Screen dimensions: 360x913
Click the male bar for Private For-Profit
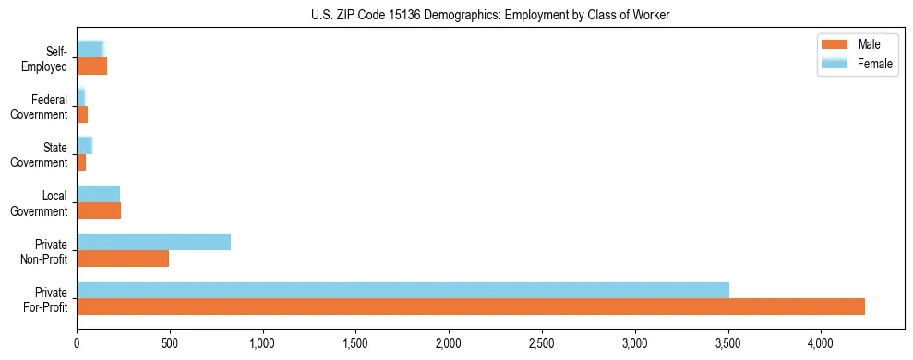pyautogui.click(x=471, y=306)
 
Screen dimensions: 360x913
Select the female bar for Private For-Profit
pyautogui.click(x=402, y=290)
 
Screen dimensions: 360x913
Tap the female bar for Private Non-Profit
pyautogui.click(x=153, y=242)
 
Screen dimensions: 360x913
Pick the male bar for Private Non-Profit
pyautogui.click(x=123, y=258)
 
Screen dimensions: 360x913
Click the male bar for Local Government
pyautogui.click(x=99, y=210)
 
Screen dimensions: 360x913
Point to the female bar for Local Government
pyautogui.click(x=98, y=193)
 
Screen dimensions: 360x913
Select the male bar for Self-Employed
pyautogui.click(x=91, y=66)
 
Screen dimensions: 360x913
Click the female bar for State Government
pyautogui.click(x=84, y=145)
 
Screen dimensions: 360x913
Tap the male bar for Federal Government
pyautogui.click(x=82, y=114)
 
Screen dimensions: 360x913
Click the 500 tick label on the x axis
pyautogui.click(x=170, y=343)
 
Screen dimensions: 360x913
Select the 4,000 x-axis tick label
pyautogui.click(x=821, y=343)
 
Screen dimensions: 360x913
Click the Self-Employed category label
pyautogui.click(x=47, y=58)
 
